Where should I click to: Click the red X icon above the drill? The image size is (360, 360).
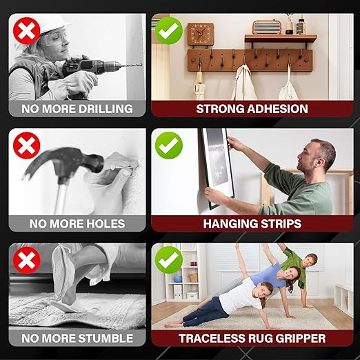click(28, 31)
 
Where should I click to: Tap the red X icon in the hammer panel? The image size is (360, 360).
click(28, 146)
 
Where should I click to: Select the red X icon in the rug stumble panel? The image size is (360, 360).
click(28, 261)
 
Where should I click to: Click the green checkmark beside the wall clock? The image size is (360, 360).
click(169, 31)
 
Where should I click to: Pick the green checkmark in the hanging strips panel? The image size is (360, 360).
click(168, 146)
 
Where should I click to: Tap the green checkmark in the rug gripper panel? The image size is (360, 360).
click(168, 261)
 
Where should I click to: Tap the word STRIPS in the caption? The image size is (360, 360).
click(277, 223)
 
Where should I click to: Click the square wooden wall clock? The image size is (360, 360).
click(201, 34)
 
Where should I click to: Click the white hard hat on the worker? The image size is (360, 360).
click(52, 23)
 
